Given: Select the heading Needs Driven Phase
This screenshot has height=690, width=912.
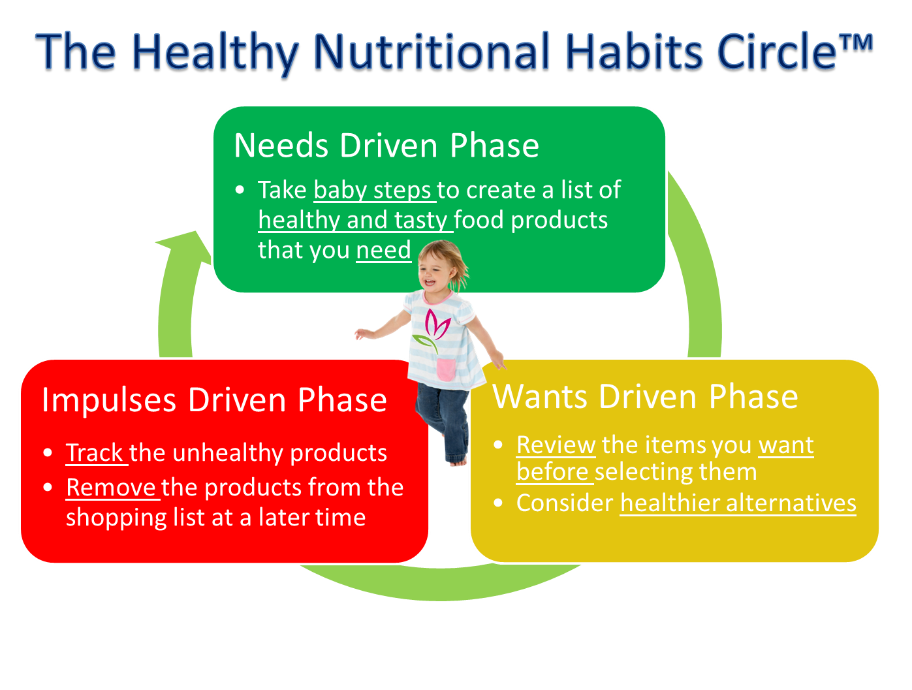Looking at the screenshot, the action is point(386,146).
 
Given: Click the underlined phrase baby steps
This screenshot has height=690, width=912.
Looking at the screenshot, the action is point(372,190).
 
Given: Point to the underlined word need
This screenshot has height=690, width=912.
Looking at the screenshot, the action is point(383,250).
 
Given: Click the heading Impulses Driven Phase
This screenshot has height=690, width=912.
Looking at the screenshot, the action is point(214,400).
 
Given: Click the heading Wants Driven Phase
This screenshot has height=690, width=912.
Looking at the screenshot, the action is point(645,397).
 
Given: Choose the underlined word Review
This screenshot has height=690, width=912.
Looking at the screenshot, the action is point(556,445).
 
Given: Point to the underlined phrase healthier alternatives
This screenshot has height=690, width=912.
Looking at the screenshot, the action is point(738,503).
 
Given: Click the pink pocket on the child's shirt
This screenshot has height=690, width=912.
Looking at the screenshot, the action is point(446,369).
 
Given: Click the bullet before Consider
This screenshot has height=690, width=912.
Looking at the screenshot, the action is point(498,503).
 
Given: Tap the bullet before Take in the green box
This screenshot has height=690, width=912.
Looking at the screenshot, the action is point(240,190).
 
